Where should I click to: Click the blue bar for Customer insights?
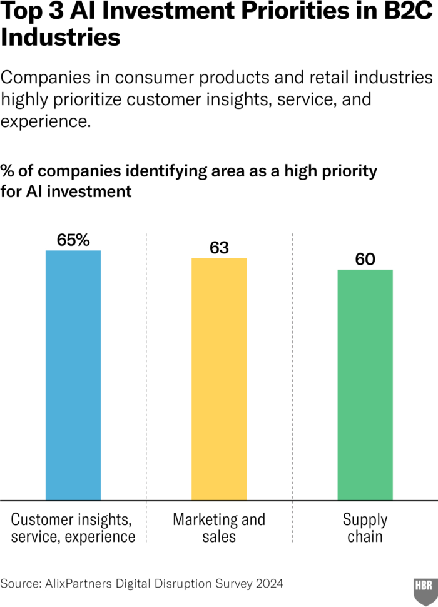73,375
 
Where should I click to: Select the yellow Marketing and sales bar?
219,379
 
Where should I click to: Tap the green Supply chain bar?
365,385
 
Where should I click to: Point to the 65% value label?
73,240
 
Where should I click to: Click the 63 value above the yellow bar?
219,248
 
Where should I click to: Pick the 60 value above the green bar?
365,259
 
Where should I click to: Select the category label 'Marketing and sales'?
219,528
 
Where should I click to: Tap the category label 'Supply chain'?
365,528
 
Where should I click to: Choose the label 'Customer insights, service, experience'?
73,528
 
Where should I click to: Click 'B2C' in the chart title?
407,13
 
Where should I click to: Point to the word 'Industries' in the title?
60,38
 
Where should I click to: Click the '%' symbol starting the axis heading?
8,171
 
